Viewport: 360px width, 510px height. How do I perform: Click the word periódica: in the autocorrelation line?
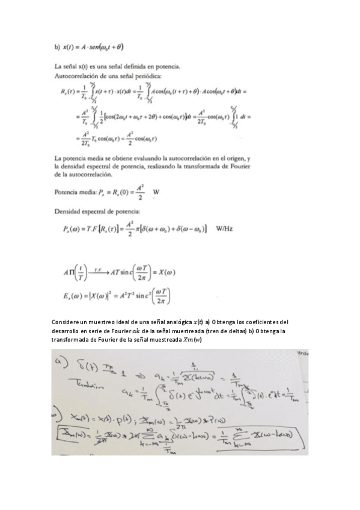pyautogui.click(x=160, y=77)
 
